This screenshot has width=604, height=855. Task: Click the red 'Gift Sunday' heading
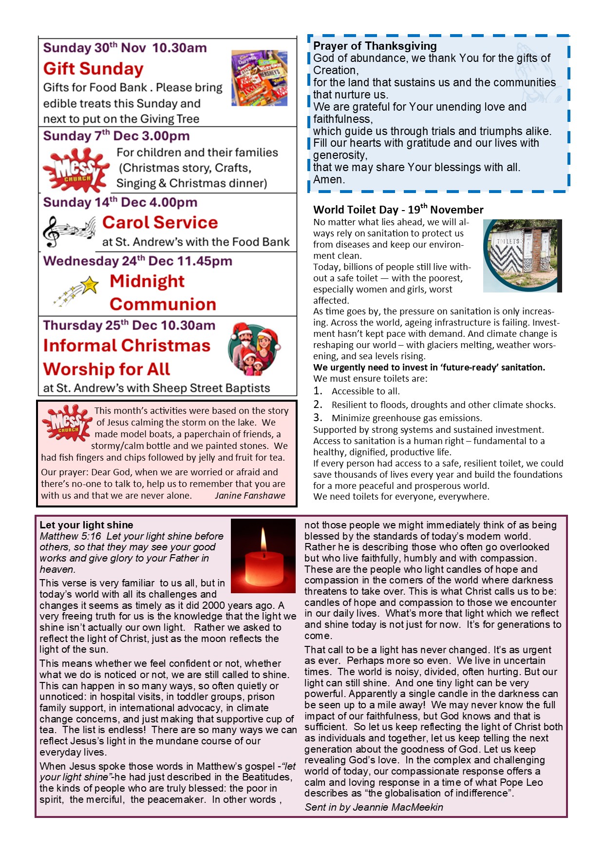93,69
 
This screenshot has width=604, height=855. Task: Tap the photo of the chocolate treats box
259,78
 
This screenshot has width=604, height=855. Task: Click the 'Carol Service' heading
160,222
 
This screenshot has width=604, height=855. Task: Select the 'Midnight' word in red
147,281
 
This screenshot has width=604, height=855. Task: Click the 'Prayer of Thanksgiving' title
375,46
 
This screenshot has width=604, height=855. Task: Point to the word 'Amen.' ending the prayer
329,179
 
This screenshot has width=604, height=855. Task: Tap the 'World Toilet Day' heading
398,210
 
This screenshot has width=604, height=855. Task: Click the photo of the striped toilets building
522,255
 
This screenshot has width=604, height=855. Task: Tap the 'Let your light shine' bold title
86,525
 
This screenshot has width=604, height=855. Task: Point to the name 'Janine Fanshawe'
250,495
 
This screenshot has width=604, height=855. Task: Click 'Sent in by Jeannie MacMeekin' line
374,807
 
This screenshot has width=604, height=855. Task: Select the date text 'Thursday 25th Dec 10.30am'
129,325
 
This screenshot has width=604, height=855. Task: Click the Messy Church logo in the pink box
67,423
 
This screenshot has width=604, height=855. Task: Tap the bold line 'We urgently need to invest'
429,367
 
